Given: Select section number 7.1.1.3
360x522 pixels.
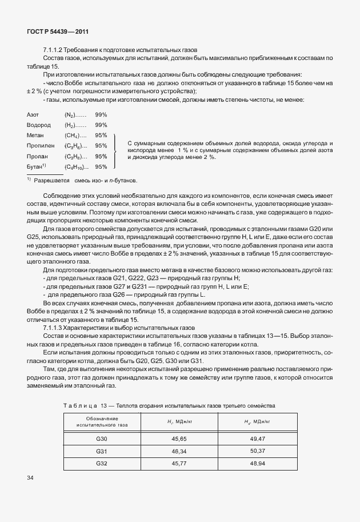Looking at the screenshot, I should [x=54, y=328].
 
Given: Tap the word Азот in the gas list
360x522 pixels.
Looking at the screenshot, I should [x=33, y=115].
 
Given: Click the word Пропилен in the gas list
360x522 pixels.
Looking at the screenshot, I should [x=39, y=146].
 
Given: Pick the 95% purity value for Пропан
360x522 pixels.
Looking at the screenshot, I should [x=101, y=156].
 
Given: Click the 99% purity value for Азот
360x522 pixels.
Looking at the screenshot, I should [x=101, y=115].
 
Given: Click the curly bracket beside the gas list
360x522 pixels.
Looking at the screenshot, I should [x=117, y=151].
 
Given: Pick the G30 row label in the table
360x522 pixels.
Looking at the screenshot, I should [x=102, y=440].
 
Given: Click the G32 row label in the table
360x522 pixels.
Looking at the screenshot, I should [x=102, y=463].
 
